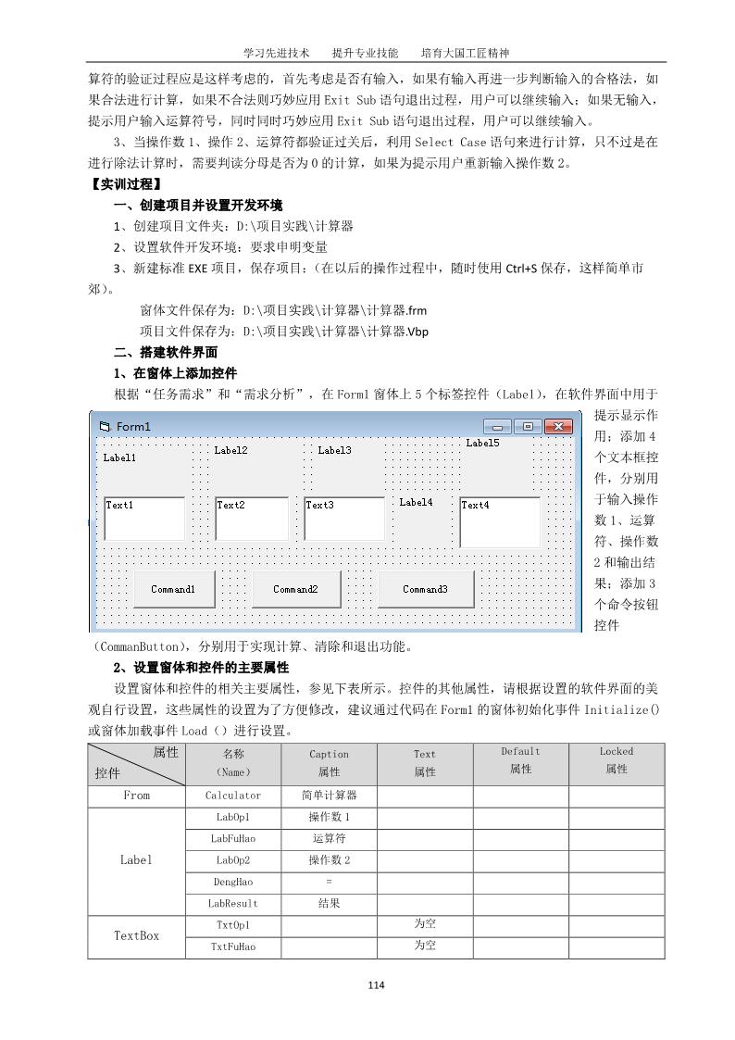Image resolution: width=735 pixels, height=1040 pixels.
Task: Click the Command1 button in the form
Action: [174, 589]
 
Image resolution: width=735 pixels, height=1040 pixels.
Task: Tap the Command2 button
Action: [295, 589]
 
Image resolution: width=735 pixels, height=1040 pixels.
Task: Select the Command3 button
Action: [425, 589]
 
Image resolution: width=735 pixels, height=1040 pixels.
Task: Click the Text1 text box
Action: [144, 519]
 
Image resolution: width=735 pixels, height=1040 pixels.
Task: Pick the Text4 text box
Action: [500, 521]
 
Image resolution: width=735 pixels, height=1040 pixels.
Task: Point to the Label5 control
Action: [482, 444]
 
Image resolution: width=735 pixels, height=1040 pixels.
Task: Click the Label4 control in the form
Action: [416, 503]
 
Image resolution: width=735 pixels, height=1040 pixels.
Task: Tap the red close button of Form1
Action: [557, 427]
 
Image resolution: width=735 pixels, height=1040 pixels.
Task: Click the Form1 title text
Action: [133, 427]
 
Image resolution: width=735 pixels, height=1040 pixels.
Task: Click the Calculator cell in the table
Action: [232, 796]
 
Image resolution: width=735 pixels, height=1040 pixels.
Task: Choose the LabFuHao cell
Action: [232, 839]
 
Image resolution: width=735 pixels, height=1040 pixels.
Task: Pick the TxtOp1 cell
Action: [232, 925]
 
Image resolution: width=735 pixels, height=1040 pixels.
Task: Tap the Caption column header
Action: [329, 762]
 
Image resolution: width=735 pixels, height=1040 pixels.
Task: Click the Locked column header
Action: [616, 760]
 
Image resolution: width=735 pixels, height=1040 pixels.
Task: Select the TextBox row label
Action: [136, 935]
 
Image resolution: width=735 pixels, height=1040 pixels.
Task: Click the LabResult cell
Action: [232, 904]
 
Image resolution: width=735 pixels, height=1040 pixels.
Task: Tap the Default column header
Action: [520, 760]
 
